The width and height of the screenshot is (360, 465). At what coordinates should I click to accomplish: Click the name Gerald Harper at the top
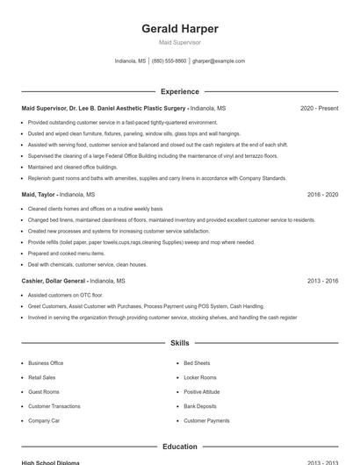[180, 29]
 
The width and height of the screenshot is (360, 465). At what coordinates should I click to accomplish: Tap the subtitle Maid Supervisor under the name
[180, 42]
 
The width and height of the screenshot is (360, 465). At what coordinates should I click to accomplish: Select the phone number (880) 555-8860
[169, 61]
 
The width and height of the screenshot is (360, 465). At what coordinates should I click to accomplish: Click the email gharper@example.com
[219, 61]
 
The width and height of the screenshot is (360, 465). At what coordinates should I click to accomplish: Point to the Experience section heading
[180, 91]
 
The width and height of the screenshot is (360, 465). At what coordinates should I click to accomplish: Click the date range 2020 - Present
[319, 108]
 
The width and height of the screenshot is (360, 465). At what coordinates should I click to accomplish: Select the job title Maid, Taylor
[39, 194]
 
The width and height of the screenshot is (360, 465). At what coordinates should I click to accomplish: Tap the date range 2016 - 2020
[322, 194]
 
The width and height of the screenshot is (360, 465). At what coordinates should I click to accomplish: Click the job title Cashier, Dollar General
[54, 281]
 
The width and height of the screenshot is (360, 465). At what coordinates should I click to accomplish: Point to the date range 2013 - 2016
[322, 281]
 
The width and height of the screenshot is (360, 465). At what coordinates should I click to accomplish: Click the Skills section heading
[180, 343]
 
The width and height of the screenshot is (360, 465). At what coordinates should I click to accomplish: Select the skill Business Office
[46, 363]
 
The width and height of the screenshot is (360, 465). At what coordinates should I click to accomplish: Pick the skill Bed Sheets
[197, 363]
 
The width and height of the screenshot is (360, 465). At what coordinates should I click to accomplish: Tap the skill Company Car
[44, 420]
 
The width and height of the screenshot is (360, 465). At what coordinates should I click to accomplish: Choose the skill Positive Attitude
[201, 391]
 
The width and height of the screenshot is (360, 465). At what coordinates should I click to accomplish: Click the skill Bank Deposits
[199, 406]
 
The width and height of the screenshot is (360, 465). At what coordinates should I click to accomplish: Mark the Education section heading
[180, 447]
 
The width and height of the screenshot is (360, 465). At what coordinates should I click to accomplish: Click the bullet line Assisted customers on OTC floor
[65, 296]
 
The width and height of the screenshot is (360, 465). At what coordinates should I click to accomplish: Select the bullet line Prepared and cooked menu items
[66, 253]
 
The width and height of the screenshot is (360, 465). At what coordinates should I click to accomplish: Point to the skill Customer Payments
[206, 420]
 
